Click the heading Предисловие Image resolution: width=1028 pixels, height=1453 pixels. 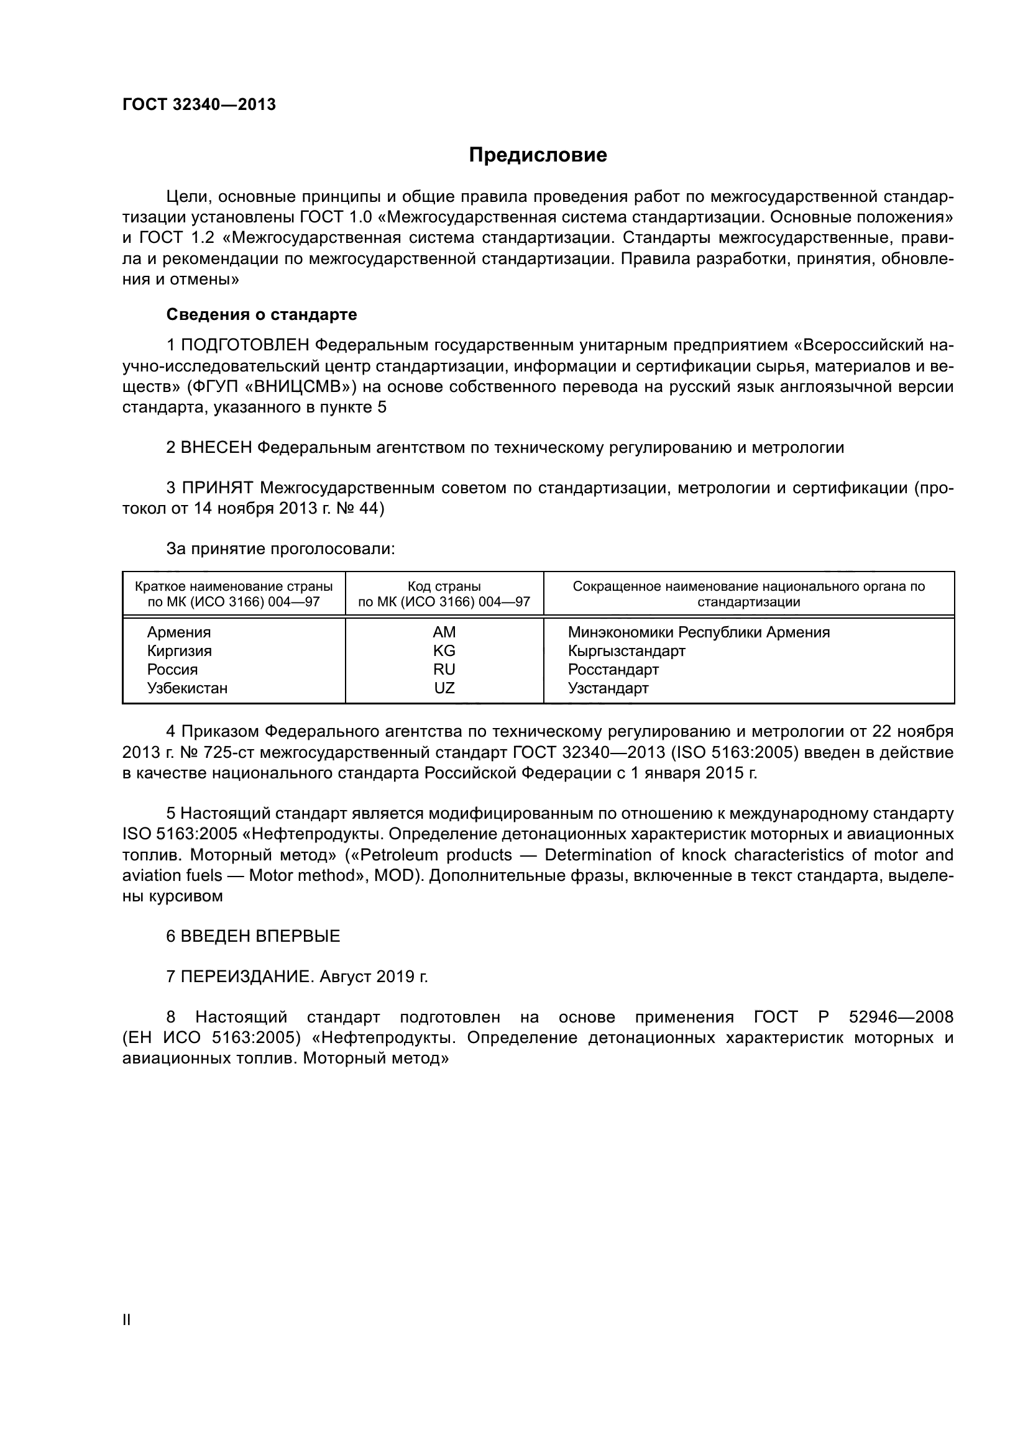tap(538, 155)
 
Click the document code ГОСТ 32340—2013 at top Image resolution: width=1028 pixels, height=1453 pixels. tap(199, 104)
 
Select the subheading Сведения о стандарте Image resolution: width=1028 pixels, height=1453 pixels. tap(262, 314)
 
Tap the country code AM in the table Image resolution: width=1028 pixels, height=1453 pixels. tap(444, 632)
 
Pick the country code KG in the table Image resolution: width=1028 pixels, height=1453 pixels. tap(444, 650)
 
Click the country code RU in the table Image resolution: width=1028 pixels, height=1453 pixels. tap(444, 670)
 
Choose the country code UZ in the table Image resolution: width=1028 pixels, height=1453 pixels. tap(444, 688)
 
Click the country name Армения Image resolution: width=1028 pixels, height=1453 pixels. tap(178, 632)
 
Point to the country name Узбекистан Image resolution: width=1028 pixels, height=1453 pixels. tap(186, 688)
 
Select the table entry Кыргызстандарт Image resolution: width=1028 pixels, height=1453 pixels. tap(626, 650)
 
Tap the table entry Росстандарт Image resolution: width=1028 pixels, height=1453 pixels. tap(613, 670)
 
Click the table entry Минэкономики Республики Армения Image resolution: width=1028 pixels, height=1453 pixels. tap(698, 632)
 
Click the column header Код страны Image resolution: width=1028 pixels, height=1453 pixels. tap(444, 586)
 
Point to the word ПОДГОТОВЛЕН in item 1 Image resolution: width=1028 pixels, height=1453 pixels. tap(245, 345)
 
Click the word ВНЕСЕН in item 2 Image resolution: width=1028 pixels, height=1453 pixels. tap(216, 448)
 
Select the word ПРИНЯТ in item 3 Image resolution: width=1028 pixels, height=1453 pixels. tap(217, 488)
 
